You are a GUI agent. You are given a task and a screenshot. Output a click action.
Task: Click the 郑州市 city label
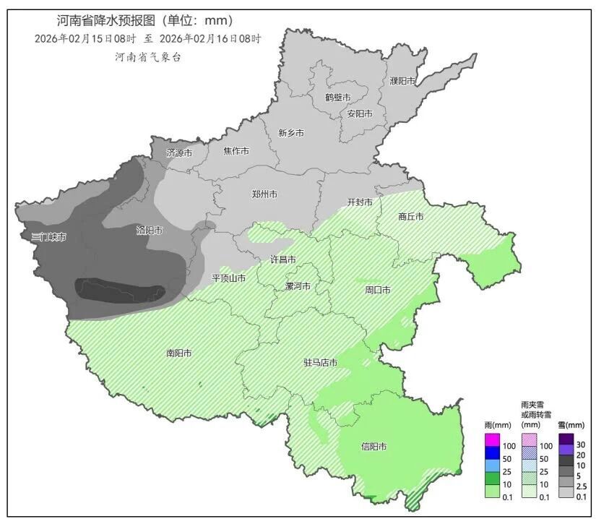pyautogui.click(x=264, y=194)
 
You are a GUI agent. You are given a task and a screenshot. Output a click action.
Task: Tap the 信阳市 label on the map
pyautogui.click(x=373, y=447)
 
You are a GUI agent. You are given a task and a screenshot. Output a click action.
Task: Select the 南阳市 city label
pyautogui.click(x=178, y=353)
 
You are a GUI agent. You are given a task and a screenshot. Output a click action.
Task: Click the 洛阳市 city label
pyautogui.click(x=150, y=231)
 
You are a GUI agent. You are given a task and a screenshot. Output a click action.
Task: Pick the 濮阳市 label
pyautogui.click(x=402, y=81)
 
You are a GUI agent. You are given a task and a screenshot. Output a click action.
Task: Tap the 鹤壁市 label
pyautogui.click(x=337, y=98)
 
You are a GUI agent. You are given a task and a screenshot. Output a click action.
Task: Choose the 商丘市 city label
pyautogui.click(x=410, y=216)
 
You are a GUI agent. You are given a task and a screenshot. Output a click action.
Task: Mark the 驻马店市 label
pyautogui.click(x=319, y=363)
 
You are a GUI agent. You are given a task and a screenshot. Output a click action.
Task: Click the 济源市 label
pyautogui.click(x=179, y=153)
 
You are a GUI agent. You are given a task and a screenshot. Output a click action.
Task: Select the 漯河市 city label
pyautogui.click(x=298, y=286)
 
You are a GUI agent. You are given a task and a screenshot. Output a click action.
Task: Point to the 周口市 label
pyautogui.click(x=377, y=290)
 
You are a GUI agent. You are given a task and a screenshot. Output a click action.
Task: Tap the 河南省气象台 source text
pyautogui.click(x=147, y=56)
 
